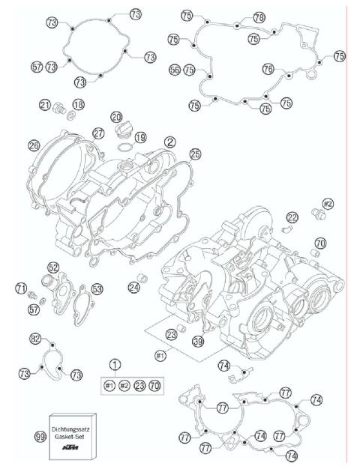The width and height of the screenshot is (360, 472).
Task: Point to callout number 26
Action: [x=33, y=145]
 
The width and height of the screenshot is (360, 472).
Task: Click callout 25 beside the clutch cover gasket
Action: [x=195, y=154]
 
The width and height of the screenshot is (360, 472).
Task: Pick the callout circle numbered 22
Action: [x=292, y=217]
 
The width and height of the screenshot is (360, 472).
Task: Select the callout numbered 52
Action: [x=53, y=267]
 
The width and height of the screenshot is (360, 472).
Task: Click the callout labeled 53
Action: [x=97, y=288]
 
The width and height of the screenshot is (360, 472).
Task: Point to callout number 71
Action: [x=22, y=288]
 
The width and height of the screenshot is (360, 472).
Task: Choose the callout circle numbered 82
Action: [x=34, y=339]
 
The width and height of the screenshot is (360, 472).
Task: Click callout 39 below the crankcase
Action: [x=198, y=341]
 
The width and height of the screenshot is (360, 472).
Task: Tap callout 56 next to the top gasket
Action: [x=175, y=69]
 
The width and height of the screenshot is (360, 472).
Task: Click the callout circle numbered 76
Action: [x=289, y=69]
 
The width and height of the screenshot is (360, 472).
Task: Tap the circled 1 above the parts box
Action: [x=115, y=365]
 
